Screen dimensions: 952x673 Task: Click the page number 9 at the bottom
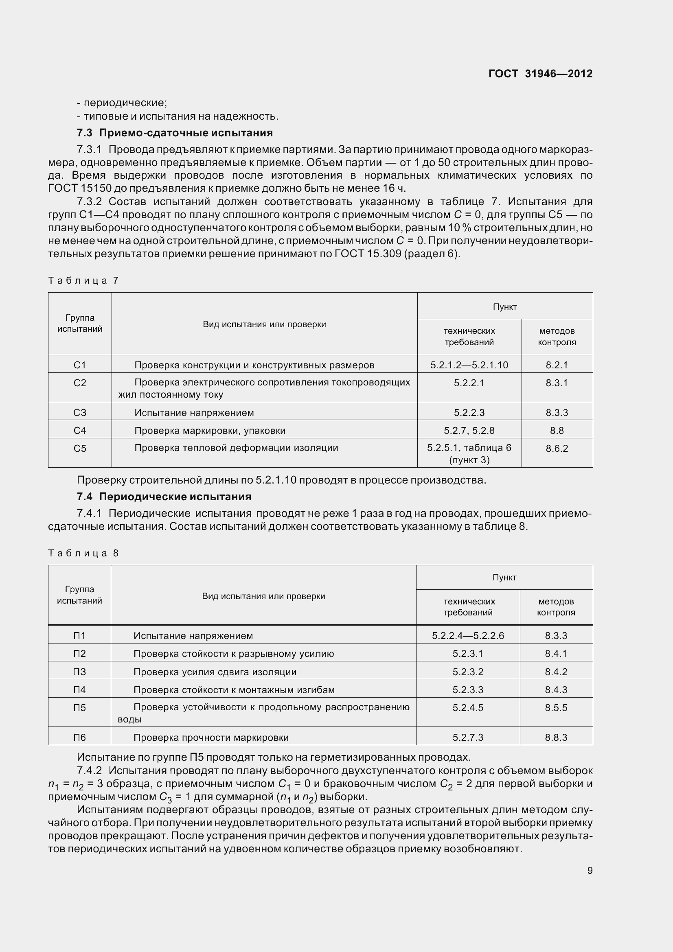590,870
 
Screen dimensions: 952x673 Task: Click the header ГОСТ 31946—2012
540,74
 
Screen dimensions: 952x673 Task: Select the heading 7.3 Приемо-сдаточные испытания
175,133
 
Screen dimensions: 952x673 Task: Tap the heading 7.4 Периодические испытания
164,496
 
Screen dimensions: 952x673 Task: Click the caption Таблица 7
83,281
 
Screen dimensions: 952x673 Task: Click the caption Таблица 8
83,553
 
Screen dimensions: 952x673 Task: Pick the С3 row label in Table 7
80,413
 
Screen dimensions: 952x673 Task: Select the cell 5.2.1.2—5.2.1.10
469,365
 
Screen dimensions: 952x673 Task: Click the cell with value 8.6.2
557,448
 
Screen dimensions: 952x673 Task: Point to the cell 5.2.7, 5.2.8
469,430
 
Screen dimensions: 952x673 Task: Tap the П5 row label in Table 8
79,707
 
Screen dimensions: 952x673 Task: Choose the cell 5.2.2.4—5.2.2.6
468,636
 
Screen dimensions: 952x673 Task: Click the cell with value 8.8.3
556,737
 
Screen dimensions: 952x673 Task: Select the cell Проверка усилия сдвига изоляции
215,672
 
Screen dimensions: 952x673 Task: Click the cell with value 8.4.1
556,654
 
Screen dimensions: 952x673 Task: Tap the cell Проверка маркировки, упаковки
210,430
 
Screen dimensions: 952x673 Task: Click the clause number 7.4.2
89,770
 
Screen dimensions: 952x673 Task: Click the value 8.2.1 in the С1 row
557,365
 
